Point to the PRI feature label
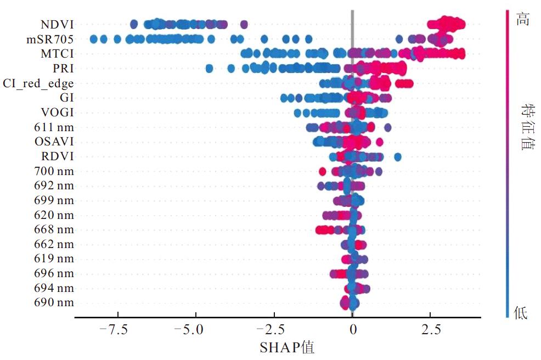pos(63,69)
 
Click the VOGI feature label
pos(58,113)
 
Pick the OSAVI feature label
pos(54,142)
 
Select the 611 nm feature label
pos(53,127)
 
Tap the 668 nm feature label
pos(53,229)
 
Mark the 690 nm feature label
pos(53,302)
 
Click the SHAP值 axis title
pos(287,347)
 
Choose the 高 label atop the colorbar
pos(521,19)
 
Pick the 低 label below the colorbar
pos(521,313)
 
